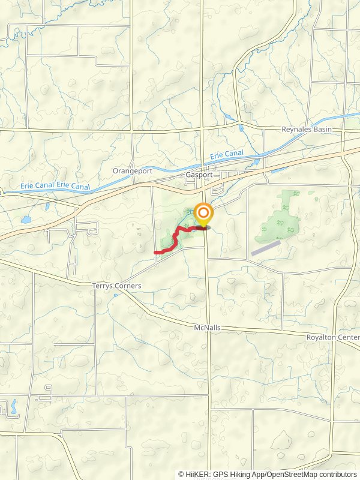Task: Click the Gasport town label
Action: click(196, 174)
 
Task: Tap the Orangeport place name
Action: click(133, 171)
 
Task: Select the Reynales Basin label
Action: click(307, 130)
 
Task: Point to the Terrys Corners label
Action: click(117, 286)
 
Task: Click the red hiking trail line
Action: click(176, 240)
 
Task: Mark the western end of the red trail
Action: click(155, 253)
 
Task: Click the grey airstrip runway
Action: click(266, 248)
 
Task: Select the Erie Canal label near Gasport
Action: click(227, 155)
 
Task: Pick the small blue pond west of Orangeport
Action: click(26, 220)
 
